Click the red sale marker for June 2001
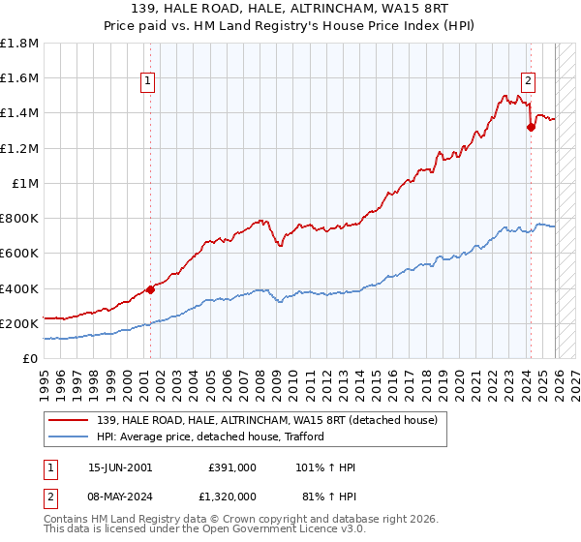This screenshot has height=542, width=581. coord(150,289)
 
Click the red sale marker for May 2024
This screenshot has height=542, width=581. coord(531,127)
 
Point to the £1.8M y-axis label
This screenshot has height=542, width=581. coord(20,44)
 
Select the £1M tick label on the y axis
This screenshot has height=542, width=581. coord(26,183)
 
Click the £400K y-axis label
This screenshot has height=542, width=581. coord(19,288)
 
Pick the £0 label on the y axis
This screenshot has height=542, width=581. coord(31,358)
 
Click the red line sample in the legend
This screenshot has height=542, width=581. coord(69,420)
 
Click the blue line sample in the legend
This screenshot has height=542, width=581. coord(69,437)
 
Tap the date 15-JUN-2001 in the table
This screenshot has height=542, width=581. coord(120,467)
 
